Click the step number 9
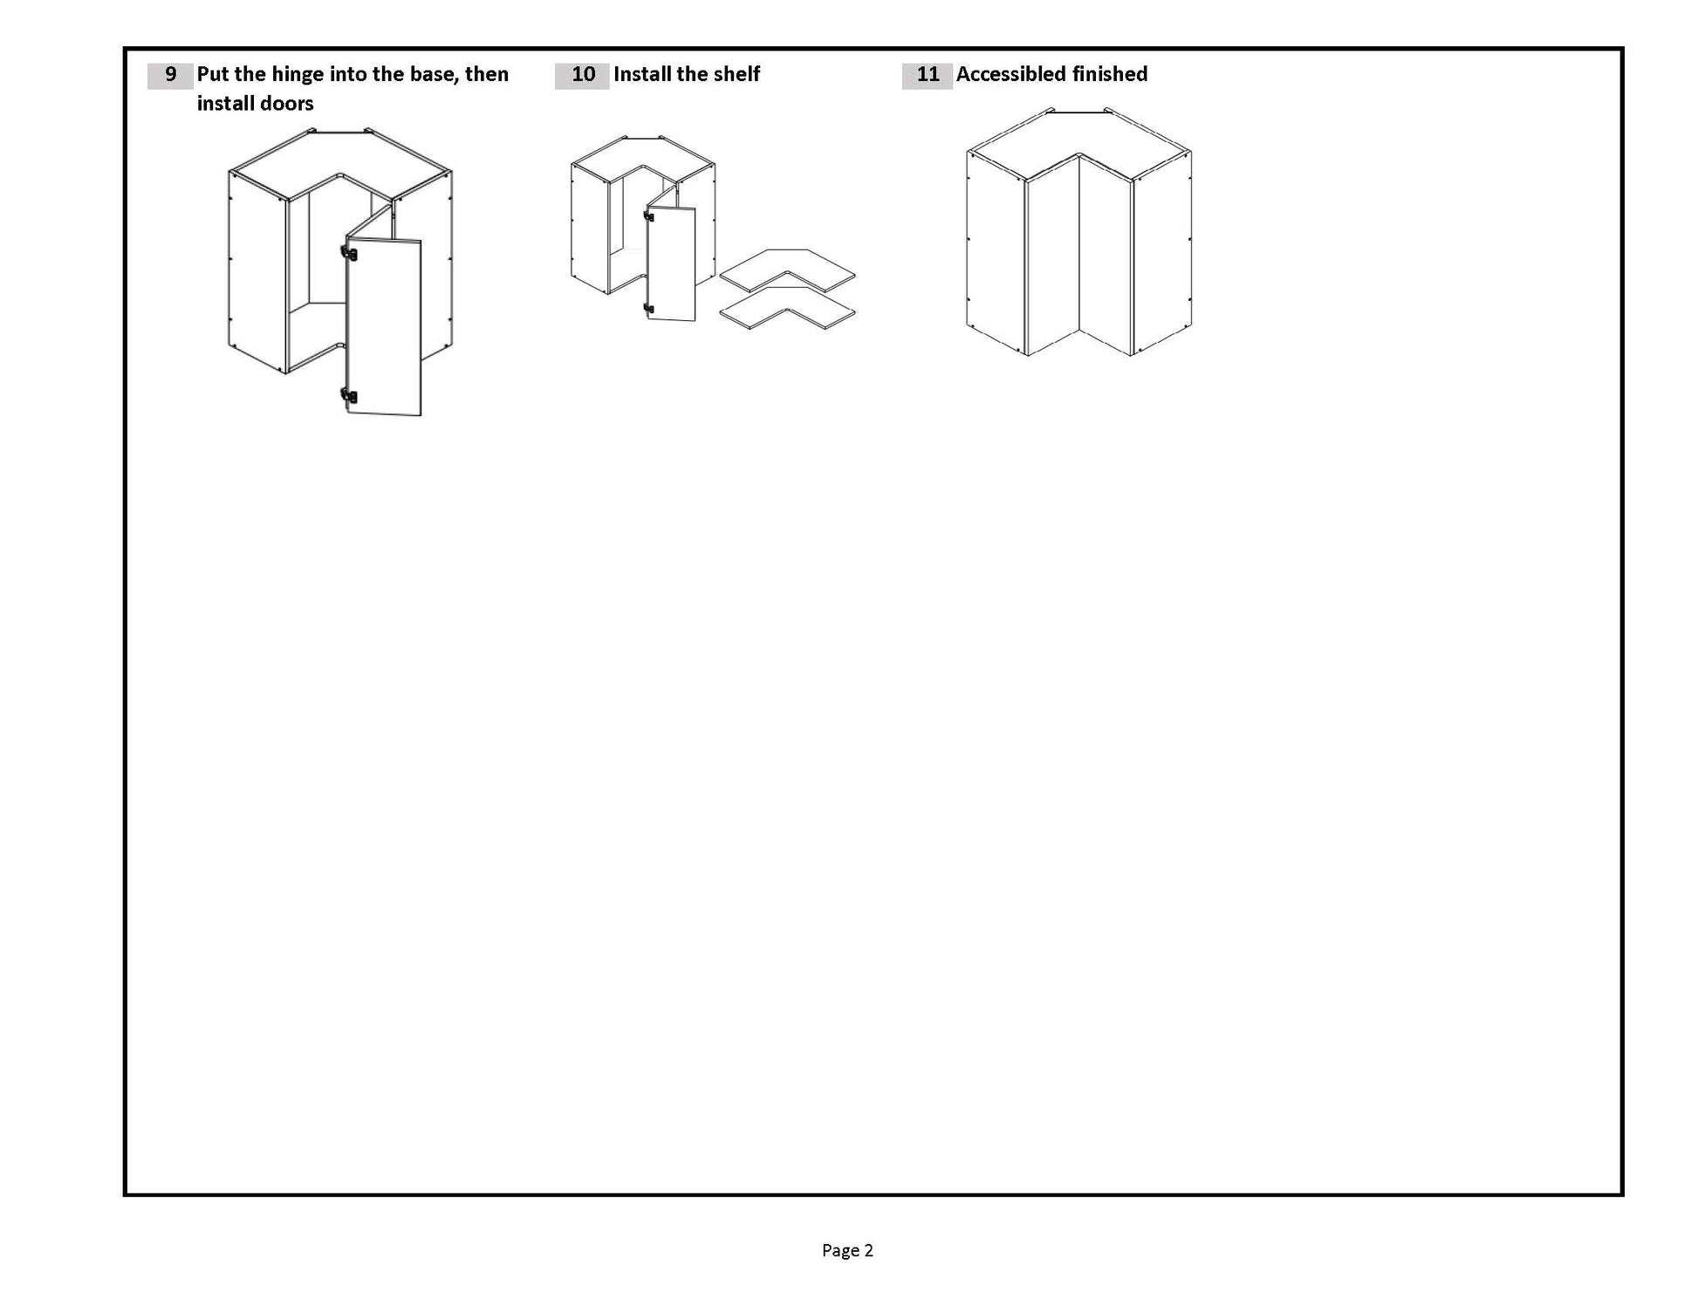pos(170,75)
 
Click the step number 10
pos(582,75)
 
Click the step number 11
pos(928,75)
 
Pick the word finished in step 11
pos(1110,74)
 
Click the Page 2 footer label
pos(847,1250)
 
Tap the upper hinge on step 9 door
pos(349,254)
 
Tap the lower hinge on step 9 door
pos(349,396)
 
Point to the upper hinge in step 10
pos(648,216)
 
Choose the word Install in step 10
pos(642,74)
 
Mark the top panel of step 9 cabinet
pos(340,157)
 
